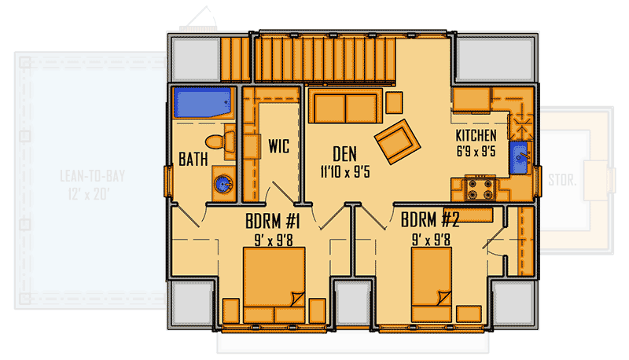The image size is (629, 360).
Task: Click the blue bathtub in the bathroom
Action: point(203,104)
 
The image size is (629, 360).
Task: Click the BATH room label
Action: point(193,159)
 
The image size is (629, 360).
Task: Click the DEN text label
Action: point(346,152)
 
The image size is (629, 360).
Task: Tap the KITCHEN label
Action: point(476,135)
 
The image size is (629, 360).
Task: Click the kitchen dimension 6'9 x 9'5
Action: point(476,152)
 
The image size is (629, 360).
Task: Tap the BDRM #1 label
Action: point(273,222)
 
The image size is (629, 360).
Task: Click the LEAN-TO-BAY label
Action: point(93,176)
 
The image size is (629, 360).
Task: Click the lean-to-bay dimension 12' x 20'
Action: point(93,193)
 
